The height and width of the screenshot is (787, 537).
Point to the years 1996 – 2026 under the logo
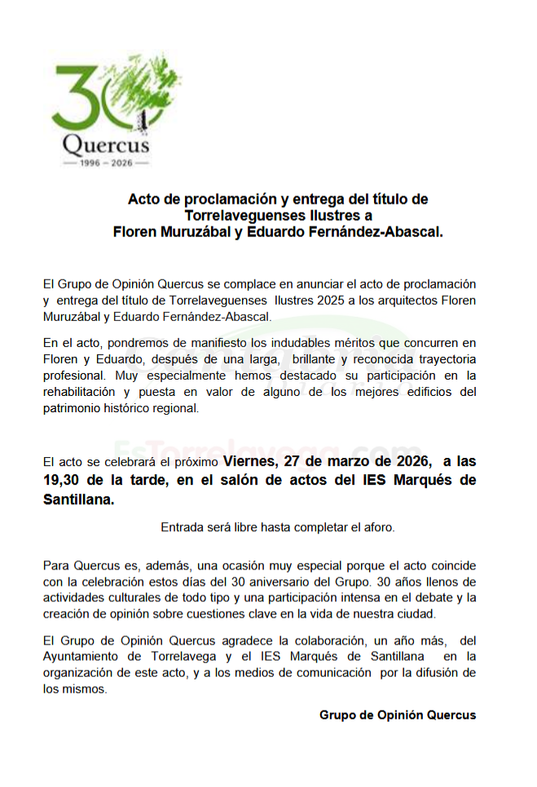tap(106, 163)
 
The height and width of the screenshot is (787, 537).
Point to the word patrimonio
tap(72, 408)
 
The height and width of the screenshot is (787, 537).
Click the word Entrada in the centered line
tap(182, 526)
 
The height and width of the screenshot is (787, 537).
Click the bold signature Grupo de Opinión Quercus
tap(398, 714)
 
